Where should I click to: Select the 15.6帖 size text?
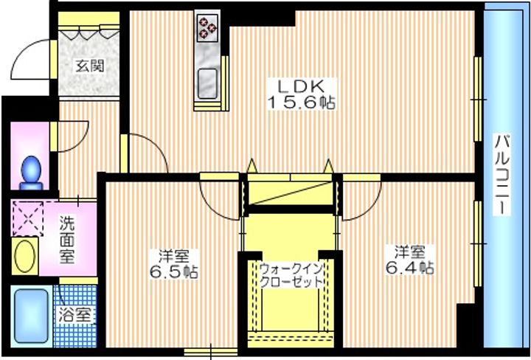coord(302,103)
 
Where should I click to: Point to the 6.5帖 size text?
coord(174,272)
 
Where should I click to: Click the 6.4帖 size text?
coord(410,269)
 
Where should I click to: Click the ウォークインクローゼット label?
coord(291,277)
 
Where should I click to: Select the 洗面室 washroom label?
coord(66,240)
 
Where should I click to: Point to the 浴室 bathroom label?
coord(74,316)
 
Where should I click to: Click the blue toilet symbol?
coord(31,173)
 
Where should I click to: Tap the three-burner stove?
coord(207,26)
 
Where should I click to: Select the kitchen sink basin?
coord(207,83)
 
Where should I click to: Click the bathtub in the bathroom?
coord(32,316)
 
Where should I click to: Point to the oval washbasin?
coord(25,257)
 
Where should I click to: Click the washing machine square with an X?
coord(28,218)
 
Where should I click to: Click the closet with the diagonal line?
coord(291,193)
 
